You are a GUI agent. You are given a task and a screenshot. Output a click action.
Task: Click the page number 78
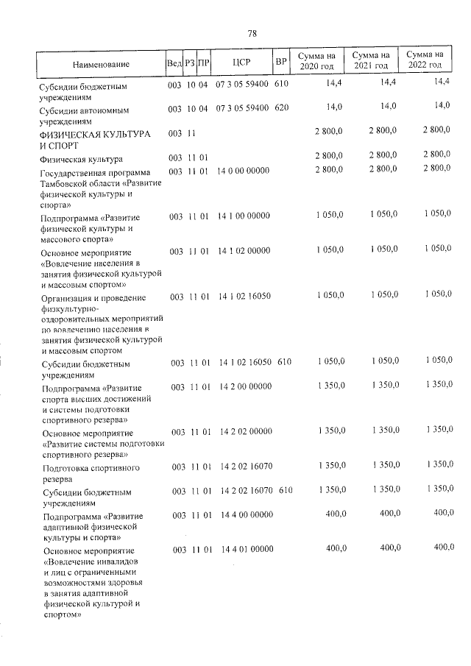252,34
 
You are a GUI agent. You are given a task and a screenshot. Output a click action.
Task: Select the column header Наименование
101,65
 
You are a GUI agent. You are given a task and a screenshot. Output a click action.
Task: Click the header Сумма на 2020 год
316,62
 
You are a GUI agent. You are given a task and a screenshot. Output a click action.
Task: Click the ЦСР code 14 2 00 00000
247,386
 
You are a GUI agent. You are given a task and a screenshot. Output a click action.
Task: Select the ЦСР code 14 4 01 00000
247,549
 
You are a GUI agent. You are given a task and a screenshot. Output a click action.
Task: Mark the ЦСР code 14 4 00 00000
247,516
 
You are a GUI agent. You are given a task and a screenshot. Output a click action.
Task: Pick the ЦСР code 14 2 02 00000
247,432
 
